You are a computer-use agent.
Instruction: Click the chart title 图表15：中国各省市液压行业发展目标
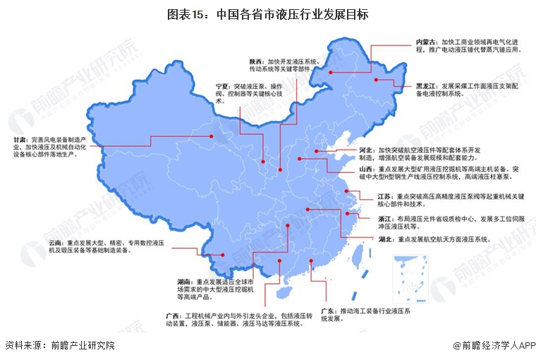(267, 14)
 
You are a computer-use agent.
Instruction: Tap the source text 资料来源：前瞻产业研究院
(59, 345)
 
